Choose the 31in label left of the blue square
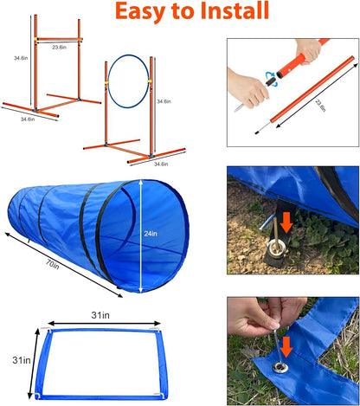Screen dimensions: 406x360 point(12,358)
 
